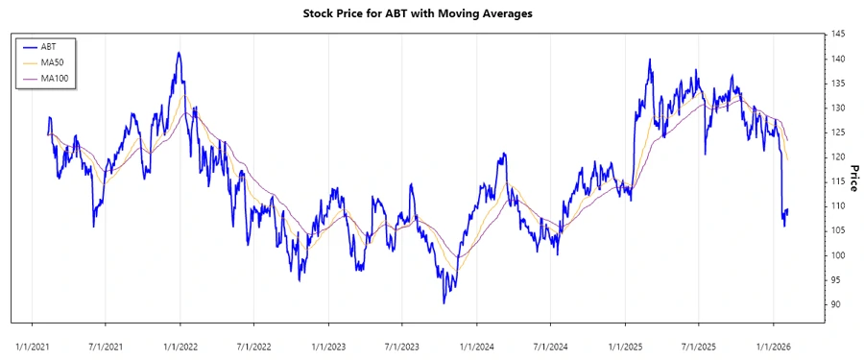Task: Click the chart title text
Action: tap(432, 13)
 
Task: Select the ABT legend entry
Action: tap(49, 46)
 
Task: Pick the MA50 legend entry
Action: tap(53, 62)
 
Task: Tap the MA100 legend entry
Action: tap(55, 78)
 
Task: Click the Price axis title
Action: tap(852, 179)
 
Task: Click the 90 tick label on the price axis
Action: tap(837, 304)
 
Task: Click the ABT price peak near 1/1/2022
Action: tap(179, 53)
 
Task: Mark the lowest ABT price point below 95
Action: tap(444, 302)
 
